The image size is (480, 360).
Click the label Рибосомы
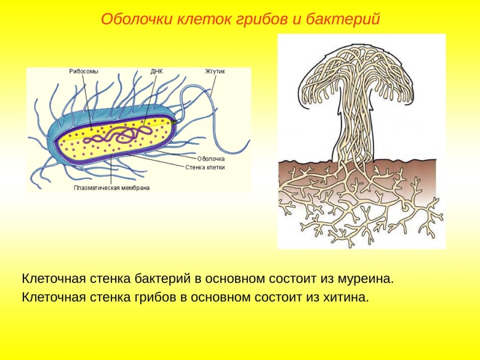(83, 71)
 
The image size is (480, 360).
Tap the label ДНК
(156, 71)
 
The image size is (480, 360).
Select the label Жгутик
(215, 71)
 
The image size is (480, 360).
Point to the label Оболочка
(211, 159)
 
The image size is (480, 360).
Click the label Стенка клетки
(206, 167)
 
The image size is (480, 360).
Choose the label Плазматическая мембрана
(111, 188)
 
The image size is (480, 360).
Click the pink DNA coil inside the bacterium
(124, 133)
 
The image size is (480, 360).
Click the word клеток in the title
(199, 19)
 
